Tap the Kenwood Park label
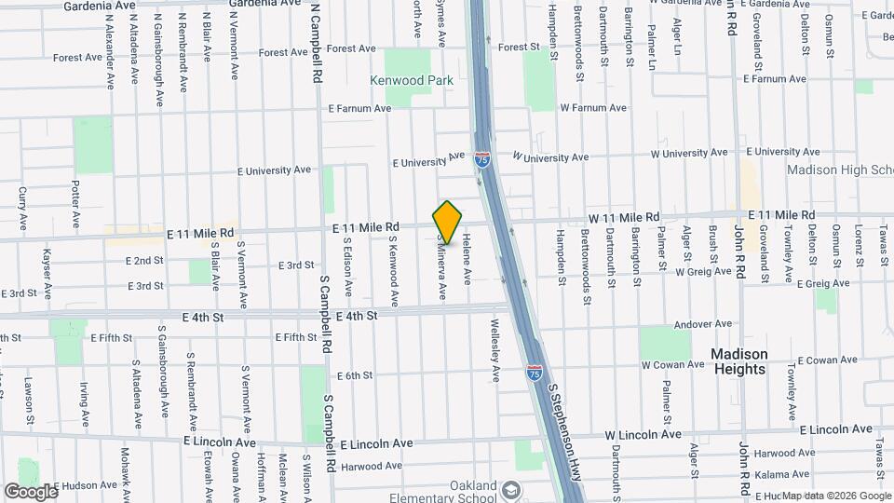click(x=412, y=81)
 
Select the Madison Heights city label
click(x=739, y=361)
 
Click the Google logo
click(x=31, y=491)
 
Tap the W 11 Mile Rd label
click(x=623, y=217)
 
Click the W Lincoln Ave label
click(x=643, y=435)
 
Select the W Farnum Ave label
click(x=594, y=108)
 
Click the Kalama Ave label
click(x=755, y=474)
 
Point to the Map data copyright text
click(x=835, y=496)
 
